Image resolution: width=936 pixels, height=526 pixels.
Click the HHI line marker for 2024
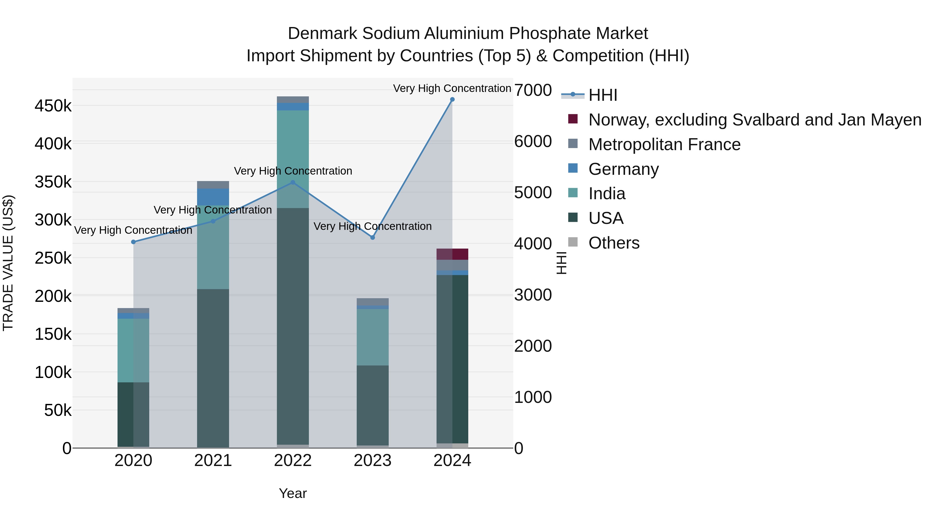click(452, 99)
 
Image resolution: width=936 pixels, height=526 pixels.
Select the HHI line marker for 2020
click(133, 242)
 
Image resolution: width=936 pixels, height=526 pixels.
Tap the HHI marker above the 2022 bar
click(293, 183)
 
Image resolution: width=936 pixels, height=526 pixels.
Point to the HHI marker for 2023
click(372, 237)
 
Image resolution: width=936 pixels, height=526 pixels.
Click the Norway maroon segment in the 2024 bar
click(452, 254)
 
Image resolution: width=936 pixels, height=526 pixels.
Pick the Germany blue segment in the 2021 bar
click(213, 197)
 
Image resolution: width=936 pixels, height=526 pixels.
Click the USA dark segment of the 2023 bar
click(372, 405)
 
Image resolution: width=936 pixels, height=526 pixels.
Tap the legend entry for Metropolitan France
click(664, 144)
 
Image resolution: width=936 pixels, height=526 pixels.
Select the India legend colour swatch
click(573, 193)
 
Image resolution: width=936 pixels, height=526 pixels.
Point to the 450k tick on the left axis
click(53, 106)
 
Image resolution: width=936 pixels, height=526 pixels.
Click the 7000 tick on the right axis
click(533, 90)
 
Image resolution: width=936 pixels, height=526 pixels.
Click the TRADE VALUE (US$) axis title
click(8, 263)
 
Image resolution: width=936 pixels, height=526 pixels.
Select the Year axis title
click(292, 493)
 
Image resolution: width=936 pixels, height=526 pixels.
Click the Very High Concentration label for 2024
click(452, 88)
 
